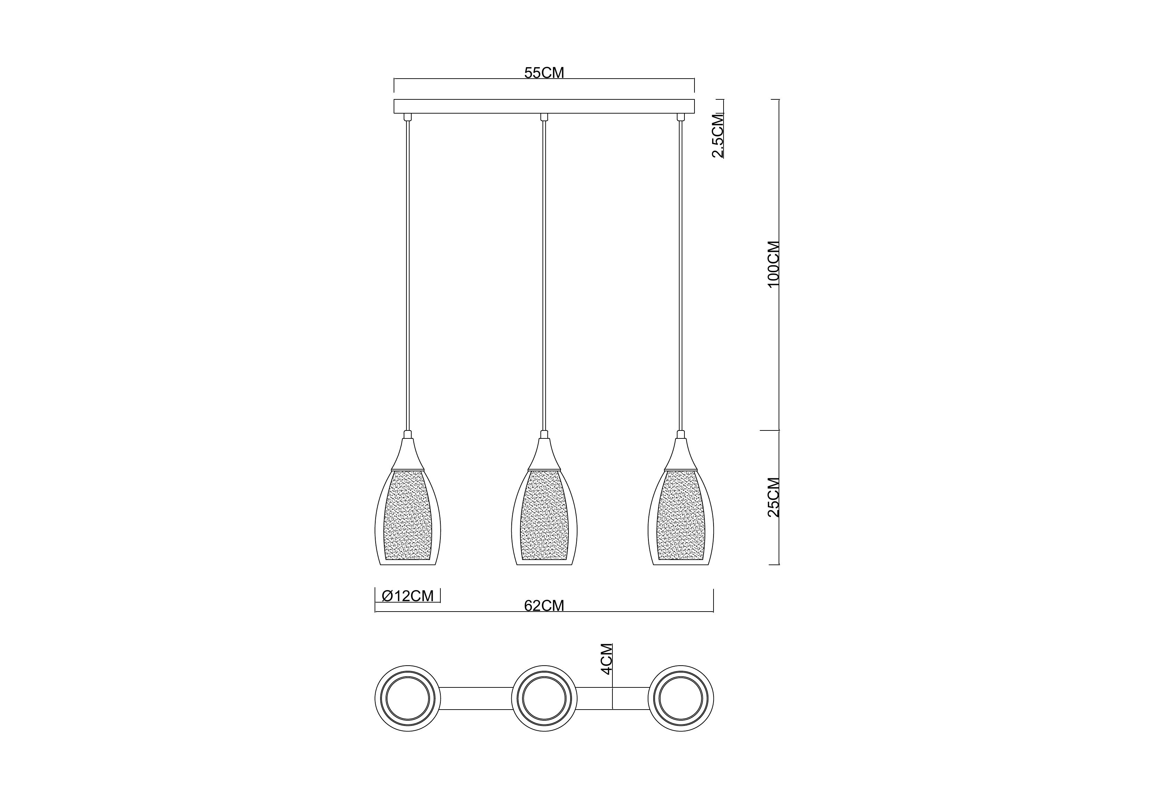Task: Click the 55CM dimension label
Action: click(x=544, y=73)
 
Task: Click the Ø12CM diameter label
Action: click(x=408, y=596)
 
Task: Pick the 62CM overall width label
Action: click(x=544, y=605)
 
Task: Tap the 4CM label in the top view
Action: click(x=607, y=659)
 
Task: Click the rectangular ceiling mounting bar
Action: click(x=544, y=106)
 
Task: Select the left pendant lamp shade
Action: click(x=408, y=517)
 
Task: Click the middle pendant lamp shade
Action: click(x=544, y=517)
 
